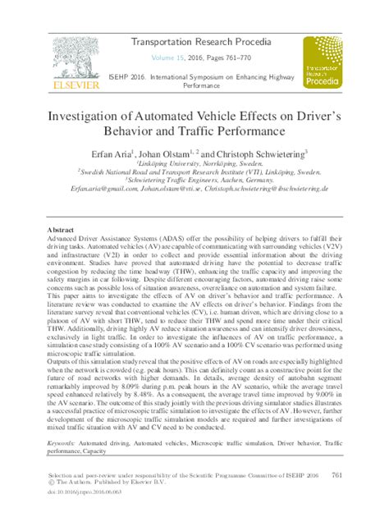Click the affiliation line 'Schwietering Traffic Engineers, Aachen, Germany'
point(197,181)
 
